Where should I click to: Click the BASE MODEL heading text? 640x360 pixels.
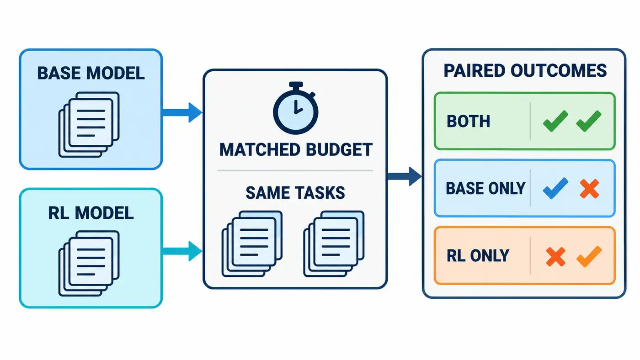pos(91,73)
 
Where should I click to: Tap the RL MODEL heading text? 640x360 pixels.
pos(91,213)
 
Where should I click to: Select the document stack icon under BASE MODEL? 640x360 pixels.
pos(89,124)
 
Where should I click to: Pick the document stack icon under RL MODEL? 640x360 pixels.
pos(89,263)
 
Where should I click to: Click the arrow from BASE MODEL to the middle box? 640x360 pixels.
pos(182,112)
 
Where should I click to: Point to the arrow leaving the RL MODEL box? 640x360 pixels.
pos(182,251)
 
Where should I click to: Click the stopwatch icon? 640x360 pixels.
pos(295,108)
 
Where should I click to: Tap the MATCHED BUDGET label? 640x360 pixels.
pos(296,149)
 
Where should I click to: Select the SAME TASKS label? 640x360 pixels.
pos(295,193)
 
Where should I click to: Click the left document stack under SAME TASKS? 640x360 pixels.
pos(252,244)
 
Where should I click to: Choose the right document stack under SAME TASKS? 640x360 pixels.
pos(334,244)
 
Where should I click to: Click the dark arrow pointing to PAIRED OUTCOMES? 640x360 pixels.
pos(404,176)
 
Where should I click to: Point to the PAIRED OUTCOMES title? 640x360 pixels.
pos(525,71)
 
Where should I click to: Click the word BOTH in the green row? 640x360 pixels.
pos(468,122)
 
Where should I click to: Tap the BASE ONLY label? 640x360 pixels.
pos(485,188)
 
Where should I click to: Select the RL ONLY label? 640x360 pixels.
pos(478,255)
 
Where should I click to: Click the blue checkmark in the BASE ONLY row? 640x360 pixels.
pos(555,188)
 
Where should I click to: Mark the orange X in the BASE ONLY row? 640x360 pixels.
pos(589,189)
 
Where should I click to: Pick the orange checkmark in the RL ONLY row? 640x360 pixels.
pos(589,256)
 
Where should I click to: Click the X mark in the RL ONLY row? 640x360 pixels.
pos(555,257)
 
